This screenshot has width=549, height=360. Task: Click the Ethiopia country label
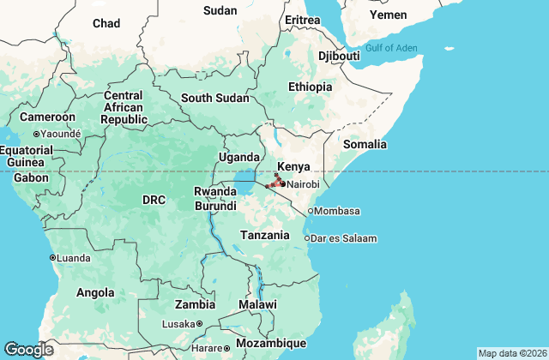point(310,87)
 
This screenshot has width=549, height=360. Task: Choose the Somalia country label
point(365,144)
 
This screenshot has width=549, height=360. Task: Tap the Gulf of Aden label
point(390,48)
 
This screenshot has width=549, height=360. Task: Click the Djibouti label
point(339,56)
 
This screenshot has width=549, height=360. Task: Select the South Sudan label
point(208,98)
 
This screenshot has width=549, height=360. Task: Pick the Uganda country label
point(239,157)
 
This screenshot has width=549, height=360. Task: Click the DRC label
point(154,200)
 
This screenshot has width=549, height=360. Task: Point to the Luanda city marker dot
point(53,257)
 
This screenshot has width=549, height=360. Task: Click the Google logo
point(29,349)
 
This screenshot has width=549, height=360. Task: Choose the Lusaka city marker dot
point(199,324)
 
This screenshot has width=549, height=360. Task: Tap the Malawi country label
point(258,304)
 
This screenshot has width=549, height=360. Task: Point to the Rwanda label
point(215,191)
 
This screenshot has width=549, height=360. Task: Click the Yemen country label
point(388,15)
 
